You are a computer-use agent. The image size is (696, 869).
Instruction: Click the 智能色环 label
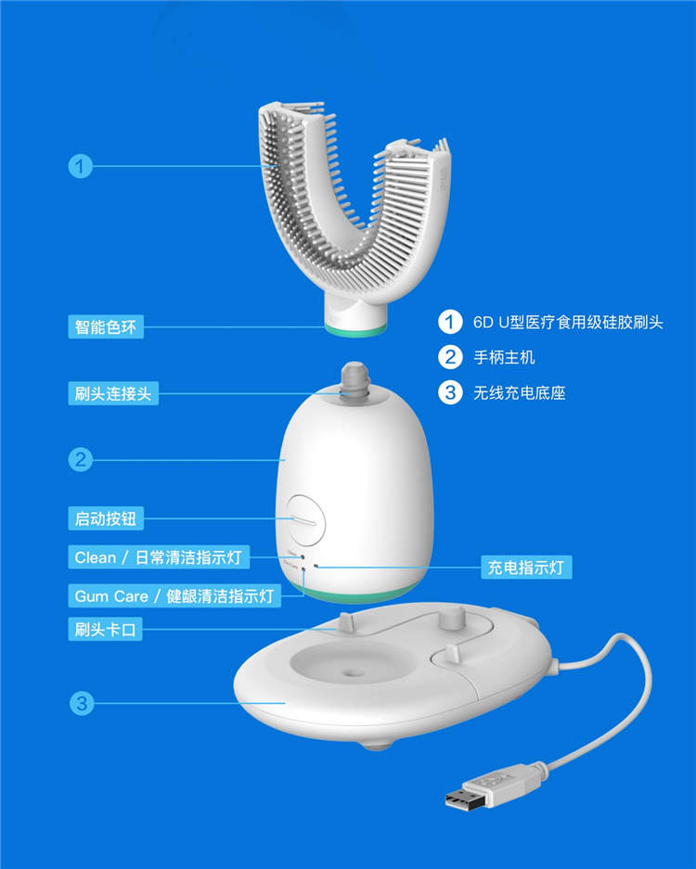pos(106,327)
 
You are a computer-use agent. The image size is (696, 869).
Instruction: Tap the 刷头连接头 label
pos(113,393)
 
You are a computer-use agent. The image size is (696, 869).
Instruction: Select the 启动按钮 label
pos(106,518)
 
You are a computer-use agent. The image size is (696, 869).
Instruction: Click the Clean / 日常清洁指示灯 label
pos(159,557)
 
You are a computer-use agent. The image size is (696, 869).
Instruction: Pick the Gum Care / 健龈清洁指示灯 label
pos(174,595)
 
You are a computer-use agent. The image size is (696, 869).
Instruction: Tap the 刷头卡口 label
pos(106,629)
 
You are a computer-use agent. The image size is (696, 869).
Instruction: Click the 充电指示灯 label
pos(526,567)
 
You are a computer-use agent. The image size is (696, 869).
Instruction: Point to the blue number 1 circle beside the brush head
pos(81,166)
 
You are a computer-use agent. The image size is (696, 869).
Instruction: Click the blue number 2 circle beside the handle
pos(81,459)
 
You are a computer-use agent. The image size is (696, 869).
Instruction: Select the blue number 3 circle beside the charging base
pos(82,703)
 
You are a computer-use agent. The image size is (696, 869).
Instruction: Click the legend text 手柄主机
pos(504,357)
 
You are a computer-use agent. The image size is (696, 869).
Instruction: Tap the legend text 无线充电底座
pos(519,393)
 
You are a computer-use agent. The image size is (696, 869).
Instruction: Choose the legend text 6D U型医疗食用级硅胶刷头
pos(568,323)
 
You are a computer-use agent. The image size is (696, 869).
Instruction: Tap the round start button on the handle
pos(305,522)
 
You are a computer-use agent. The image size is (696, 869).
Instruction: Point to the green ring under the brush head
pos(354,330)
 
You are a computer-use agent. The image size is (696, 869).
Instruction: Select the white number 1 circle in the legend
pos(450,322)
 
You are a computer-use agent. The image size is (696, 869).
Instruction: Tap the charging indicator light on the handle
pos(316,567)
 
